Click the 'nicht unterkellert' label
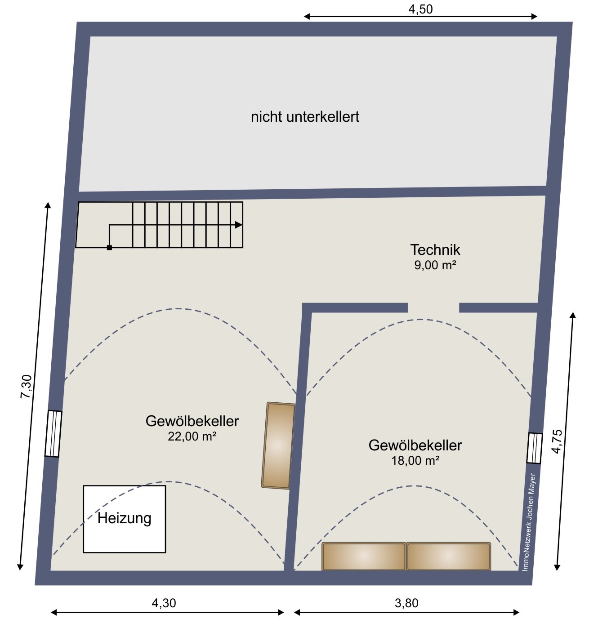click(x=305, y=117)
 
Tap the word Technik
click(x=435, y=250)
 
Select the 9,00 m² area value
click(x=435, y=265)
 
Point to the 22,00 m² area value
click(x=192, y=436)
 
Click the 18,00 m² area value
click(x=415, y=461)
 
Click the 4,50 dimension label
click(x=420, y=9)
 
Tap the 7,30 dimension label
click(x=26, y=387)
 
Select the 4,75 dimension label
click(x=557, y=441)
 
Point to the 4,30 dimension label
click(x=164, y=603)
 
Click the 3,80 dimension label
click(x=406, y=603)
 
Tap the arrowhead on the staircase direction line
click(x=238, y=225)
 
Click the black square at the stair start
click(x=109, y=248)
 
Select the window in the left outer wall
click(x=53, y=433)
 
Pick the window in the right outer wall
click(x=534, y=448)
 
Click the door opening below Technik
click(x=433, y=307)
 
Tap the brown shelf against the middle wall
click(x=278, y=445)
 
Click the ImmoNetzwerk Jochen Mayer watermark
click(x=529, y=522)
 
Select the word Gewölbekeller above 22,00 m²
click(x=192, y=421)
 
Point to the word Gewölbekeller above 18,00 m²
click(x=415, y=445)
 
